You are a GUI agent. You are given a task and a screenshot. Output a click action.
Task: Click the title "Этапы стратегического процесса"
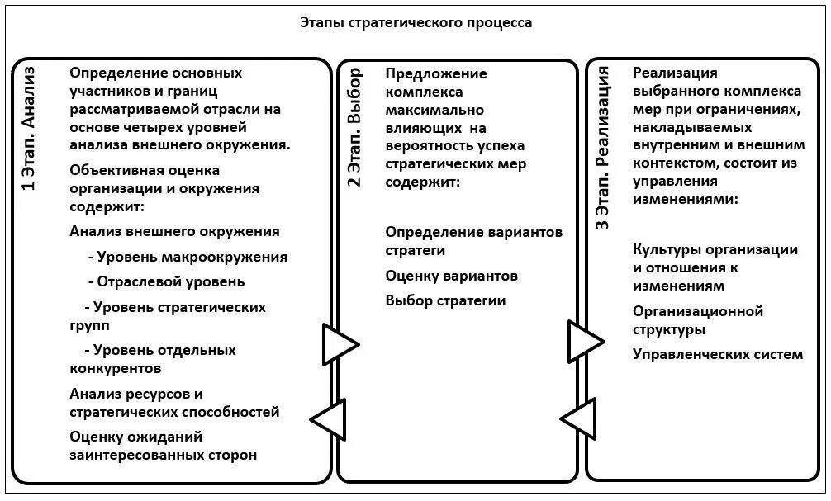[415, 22]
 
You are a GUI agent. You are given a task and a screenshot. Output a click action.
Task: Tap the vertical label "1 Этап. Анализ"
[29, 129]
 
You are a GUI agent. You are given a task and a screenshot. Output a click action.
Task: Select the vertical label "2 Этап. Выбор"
[354, 129]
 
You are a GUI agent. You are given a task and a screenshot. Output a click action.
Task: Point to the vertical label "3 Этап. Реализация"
[603, 149]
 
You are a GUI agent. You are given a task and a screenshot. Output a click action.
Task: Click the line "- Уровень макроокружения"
[188, 257]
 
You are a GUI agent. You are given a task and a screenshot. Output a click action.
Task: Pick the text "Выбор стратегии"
[445, 300]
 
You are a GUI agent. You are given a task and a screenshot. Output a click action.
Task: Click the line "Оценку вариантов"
[452, 276]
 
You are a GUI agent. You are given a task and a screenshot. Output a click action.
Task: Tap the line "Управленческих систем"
[718, 354]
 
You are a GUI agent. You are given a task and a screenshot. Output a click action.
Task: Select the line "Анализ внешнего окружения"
[175, 231]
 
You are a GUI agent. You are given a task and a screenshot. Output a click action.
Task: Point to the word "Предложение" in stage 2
[436, 73]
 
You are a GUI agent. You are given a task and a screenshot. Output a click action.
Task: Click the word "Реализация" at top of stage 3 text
[675, 73]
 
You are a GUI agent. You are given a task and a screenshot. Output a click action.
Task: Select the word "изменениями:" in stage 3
[686, 200]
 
